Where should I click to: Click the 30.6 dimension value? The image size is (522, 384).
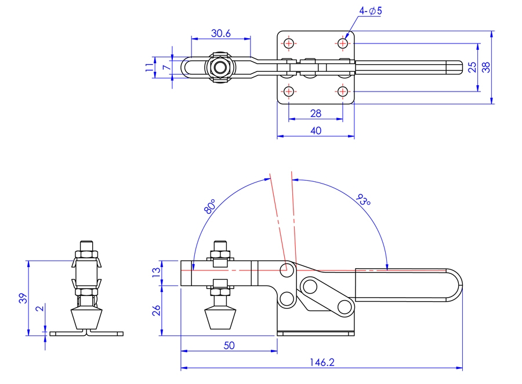pos(221,34)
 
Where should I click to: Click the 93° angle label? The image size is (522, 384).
pos(364,201)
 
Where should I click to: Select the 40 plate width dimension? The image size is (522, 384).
pos(316,131)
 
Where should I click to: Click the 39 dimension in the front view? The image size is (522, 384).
pos(21,298)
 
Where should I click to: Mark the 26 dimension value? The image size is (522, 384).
pos(155,310)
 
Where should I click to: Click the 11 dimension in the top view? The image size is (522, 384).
pos(150,68)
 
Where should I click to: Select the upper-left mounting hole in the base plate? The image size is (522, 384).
pos(289,43)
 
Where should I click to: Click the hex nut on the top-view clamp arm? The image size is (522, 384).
pos(220,67)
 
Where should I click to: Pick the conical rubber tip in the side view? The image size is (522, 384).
pos(220,319)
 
